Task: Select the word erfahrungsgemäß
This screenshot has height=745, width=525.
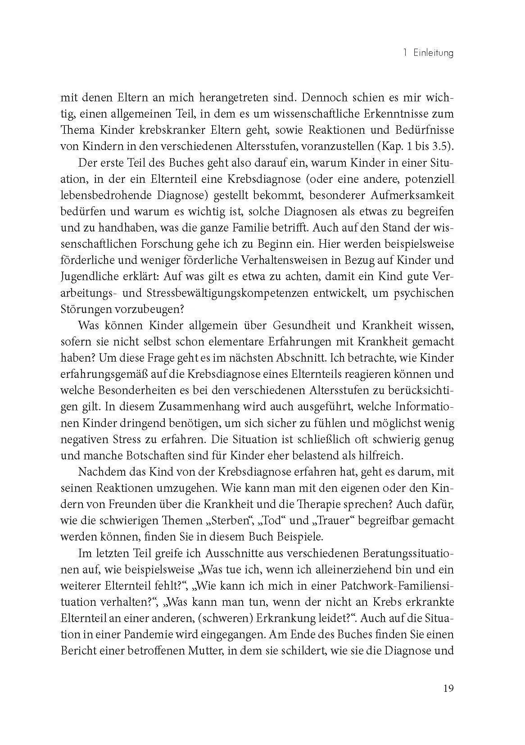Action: pyautogui.click(x=102, y=374)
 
